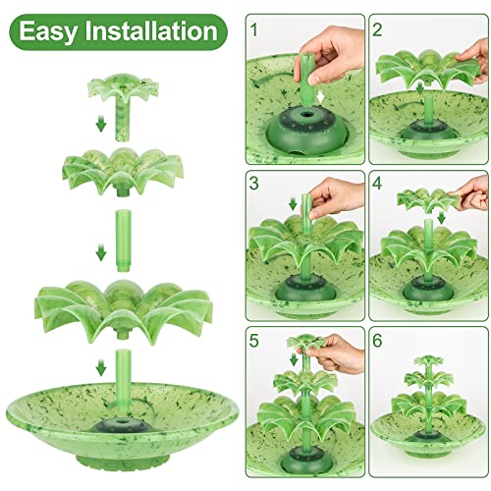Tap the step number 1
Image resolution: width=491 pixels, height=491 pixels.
point(256,28)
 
